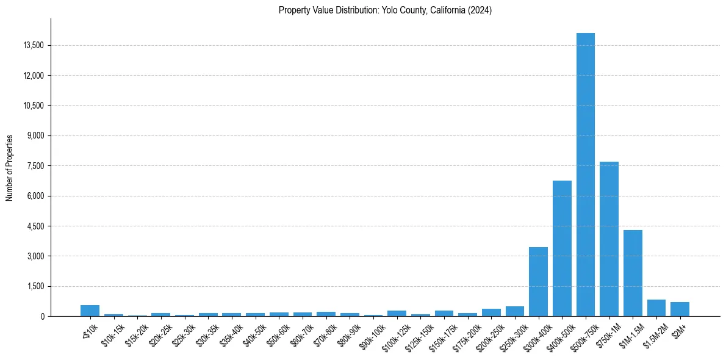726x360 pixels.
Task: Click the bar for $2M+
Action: click(x=680, y=309)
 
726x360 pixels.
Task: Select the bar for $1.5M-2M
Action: click(x=656, y=308)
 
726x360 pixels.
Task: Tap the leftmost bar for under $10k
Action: click(x=90, y=311)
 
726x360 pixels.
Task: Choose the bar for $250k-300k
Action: click(x=514, y=311)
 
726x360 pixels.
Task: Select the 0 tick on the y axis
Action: click(x=43, y=317)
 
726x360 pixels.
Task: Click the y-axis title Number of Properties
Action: click(x=9, y=168)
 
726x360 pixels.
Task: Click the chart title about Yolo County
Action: click(x=385, y=10)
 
